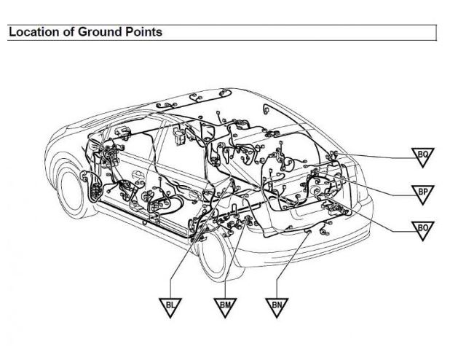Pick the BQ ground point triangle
422,157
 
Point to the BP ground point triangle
422,194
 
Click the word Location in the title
34,32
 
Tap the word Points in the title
143,32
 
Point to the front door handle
138,175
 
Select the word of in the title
68,32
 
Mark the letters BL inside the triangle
170,305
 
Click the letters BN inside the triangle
277,305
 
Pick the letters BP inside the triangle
422,192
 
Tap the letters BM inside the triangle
225,305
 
